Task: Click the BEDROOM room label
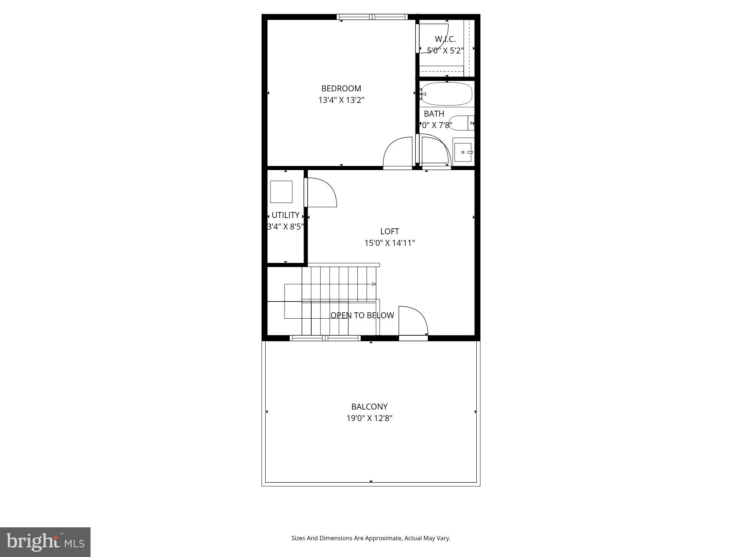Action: (x=341, y=88)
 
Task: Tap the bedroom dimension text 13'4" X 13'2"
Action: (x=341, y=100)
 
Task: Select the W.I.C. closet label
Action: (x=445, y=39)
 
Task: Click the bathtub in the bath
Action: (x=447, y=94)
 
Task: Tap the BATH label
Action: (x=434, y=114)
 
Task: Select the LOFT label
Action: (x=389, y=231)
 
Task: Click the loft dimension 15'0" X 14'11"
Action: (x=389, y=243)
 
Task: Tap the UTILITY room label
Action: (x=285, y=215)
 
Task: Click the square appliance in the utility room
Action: (x=281, y=192)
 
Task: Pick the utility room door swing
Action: (x=321, y=192)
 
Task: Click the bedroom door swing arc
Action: (x=397, y=152)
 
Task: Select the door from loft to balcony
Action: (x=413, y=321)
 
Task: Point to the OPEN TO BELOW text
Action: (x=362, y=315)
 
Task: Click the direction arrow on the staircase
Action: (x=374, y=284)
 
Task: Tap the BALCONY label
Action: (x=369, y=407)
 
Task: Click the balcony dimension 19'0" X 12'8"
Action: (x=369, y=418)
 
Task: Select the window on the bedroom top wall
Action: (x=372, y=17)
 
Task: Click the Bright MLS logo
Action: (x=45, y=542)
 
